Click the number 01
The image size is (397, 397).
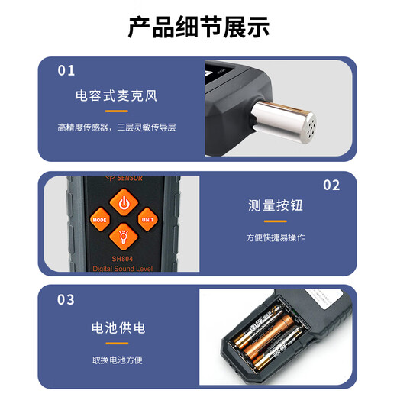[66, 70]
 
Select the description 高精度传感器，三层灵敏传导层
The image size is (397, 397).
[117, 127]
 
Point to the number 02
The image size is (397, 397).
[331, 185]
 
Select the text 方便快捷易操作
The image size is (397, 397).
[276, 237]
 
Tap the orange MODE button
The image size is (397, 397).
[100, 220]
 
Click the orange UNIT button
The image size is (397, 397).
[147, 220]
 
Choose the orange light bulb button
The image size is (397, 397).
[123, 234]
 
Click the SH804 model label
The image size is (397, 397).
[123, 258]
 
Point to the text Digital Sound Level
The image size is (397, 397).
[123, 270]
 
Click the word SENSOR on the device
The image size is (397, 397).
[129, 179]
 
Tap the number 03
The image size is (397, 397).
[66, 299]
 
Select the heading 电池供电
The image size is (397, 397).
[118, 328]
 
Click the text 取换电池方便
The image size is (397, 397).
[118, 360]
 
